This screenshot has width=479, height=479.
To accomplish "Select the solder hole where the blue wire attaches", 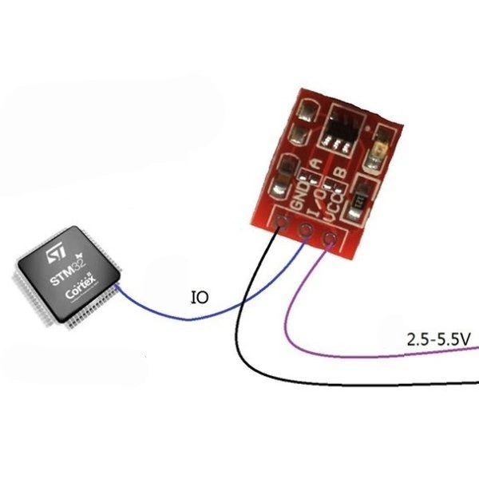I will click(x=305, y=231).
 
